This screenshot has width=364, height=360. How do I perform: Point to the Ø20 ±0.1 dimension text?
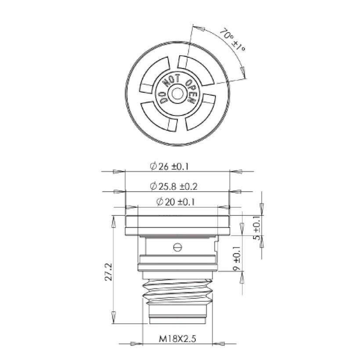pyautogui.click(x=175, y=202)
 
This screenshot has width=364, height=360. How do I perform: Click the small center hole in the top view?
pyautogui.click(x=177, y=93)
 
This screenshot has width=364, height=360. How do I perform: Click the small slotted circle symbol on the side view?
pyautogui.click(x=177, y=247)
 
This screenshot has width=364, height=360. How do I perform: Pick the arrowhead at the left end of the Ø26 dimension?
pyautogui.click(x=118, y=172)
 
